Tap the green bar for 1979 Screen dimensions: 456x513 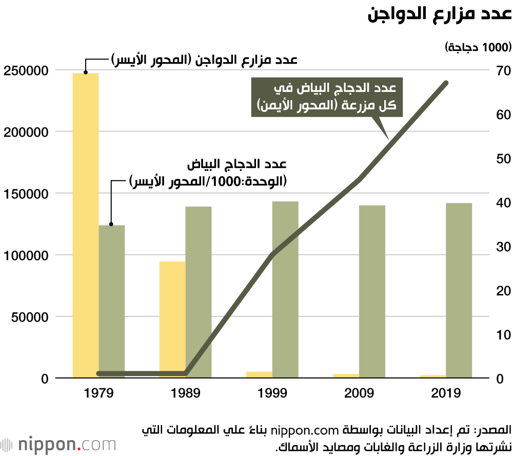coord(112,301)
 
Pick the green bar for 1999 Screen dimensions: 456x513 coord(285,290)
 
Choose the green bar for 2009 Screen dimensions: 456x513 coord(372,292)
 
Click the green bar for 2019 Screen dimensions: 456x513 coord(459,291)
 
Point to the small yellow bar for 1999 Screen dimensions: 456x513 coord(259,374)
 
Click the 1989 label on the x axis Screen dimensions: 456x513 coord(185,394)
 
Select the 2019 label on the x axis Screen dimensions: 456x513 coord(446,394)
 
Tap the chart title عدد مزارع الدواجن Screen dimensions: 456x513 coord(440,14)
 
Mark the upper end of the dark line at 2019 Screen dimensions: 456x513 coord(446,83)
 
